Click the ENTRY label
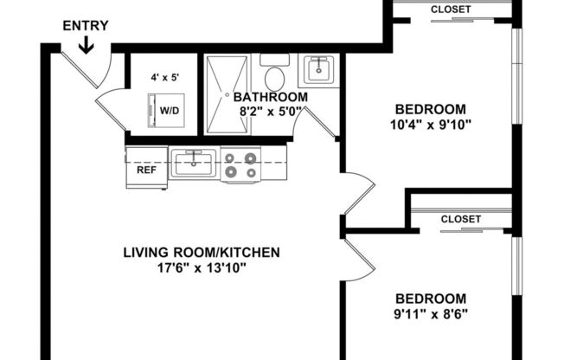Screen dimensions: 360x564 tap(86, 25)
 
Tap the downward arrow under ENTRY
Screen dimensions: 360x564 tap(86, 43)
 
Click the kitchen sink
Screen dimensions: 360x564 tap(193, 162)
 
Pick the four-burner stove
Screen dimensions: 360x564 tap(241, 164)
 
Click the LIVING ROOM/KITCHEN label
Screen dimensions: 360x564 tap(201, 253)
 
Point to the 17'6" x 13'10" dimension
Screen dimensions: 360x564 tap(201, 267)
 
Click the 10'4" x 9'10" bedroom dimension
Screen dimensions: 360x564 tap(431, 124)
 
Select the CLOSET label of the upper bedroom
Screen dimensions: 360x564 tap(451, 10)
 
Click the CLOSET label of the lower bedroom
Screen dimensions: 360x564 tap(460, 219)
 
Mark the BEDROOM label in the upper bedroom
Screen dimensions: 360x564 tap(431, 109)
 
